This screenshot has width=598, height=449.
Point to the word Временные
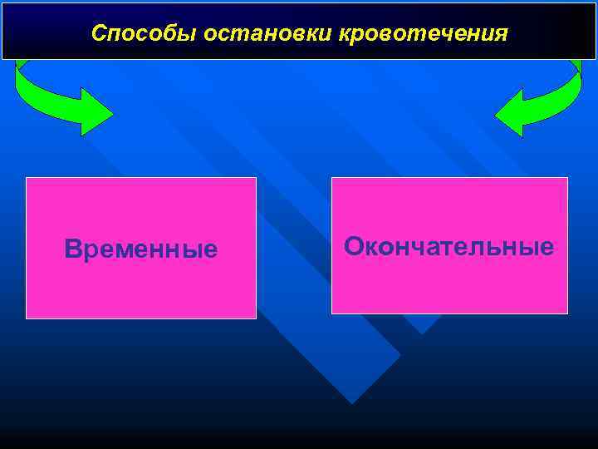click(x=141, y=249)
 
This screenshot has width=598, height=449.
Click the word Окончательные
click(x=448, y=246)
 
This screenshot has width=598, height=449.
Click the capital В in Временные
click(x=72, y=249)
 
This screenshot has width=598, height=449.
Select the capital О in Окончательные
click(x=353, y=246)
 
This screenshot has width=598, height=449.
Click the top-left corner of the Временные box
click(x=27, y=178)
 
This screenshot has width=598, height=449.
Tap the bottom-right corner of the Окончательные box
click(x=567, y=313)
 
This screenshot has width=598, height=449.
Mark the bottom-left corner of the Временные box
click(x=27, y=318)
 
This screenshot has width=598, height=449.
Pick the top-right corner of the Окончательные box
click(x=567, y=178)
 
